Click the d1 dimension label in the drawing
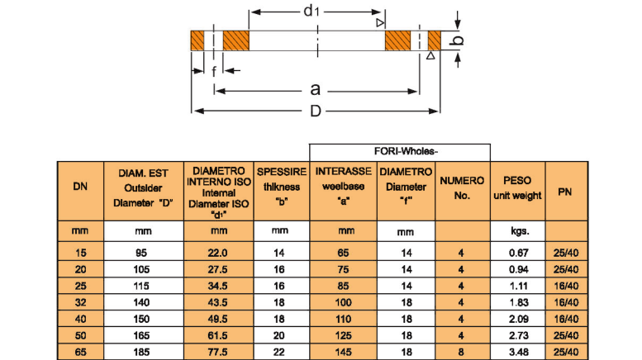[311, 11]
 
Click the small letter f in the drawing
[214, 72]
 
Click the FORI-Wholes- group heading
[400, 151]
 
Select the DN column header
[80, 189]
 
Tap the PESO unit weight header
[517, 188]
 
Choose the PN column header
[566, 189]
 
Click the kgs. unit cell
[517, 232]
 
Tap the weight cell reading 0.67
[517, 252]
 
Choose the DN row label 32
[80, 303]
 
